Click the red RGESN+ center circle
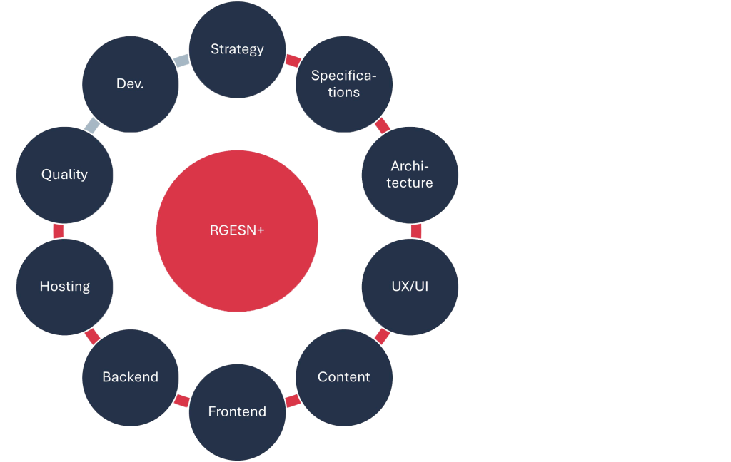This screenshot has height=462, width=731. coord(237,231)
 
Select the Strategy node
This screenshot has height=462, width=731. coord(237,49)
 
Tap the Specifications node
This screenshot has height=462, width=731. coord(344,84)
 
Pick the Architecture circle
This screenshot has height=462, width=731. coord(410,175)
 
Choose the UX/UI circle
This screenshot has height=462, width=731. coord(410,287)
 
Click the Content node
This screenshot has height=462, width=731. coord(344,377)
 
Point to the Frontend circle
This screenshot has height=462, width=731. coord(237,412)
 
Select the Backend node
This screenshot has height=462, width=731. coord(130,377)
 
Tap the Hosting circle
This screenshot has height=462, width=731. coord(64,287)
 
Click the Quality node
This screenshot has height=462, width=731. coord(64,175)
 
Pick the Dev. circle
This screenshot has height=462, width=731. coord(130,84)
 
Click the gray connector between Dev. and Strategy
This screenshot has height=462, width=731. coord(182,61)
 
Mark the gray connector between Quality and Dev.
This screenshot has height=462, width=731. coord(91,126)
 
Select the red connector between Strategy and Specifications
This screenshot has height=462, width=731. coord(293,61)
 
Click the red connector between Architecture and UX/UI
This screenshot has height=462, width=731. coord(416,231)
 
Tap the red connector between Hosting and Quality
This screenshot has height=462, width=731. coord(59,231)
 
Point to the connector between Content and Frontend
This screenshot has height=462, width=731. coord(293,401)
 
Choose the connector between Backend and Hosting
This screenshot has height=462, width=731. coord(91,335)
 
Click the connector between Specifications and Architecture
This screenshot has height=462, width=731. coord(383,126)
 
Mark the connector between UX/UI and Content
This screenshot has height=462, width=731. coord(383,335)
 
